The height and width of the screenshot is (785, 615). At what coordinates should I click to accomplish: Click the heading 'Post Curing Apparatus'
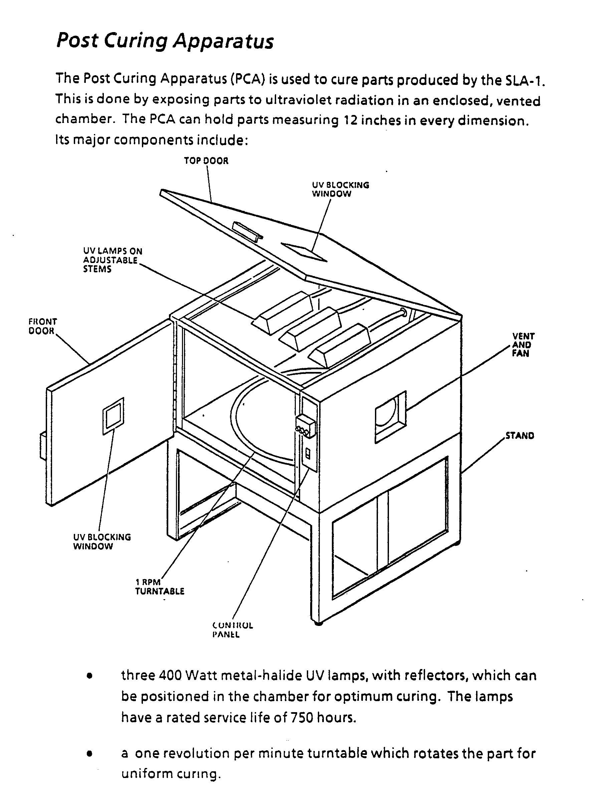click(165, 41)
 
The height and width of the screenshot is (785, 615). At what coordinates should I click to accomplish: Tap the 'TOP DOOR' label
click(206, 161)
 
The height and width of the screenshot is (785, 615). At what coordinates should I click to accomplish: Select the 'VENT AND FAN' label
click(523, 345)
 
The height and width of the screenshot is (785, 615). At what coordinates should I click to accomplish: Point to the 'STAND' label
click(520, 436)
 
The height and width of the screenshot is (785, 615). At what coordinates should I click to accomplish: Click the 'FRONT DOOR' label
click(42, 326)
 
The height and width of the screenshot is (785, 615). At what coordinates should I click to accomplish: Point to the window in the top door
click(304, 252)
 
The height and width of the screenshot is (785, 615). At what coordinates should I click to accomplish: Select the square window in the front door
click(114, 416)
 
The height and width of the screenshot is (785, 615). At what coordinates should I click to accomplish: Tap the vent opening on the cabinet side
click(390, 417)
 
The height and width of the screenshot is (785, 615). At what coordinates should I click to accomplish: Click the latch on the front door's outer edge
click(43, 445)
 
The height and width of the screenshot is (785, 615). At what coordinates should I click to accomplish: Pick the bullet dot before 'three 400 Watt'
click(90, 676)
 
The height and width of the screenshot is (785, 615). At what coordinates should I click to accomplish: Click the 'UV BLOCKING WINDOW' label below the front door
click(102, 541)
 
